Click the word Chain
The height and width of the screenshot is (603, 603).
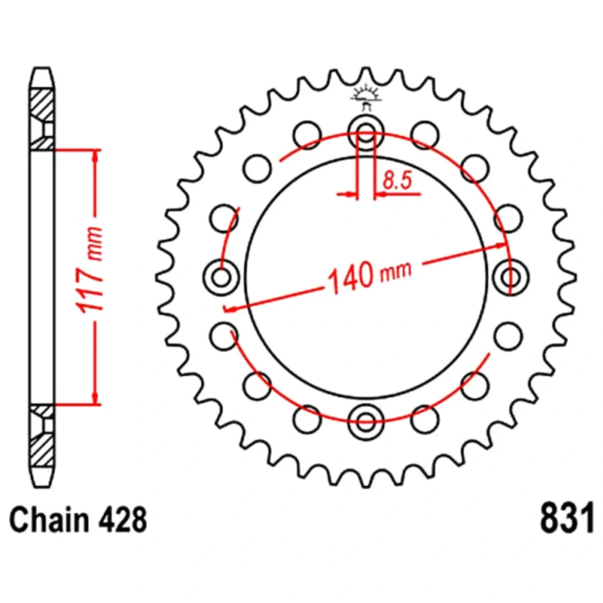click(x=49, y=519)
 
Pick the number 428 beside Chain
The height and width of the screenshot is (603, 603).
click(x=122, y=520)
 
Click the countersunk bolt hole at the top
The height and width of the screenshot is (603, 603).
click(x=366, y=133)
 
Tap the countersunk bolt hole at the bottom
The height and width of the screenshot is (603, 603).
click(x=366, y=421)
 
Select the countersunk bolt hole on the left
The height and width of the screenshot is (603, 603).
click(x=221, y=277)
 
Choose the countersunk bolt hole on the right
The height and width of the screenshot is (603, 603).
click(x=511, y=277)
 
